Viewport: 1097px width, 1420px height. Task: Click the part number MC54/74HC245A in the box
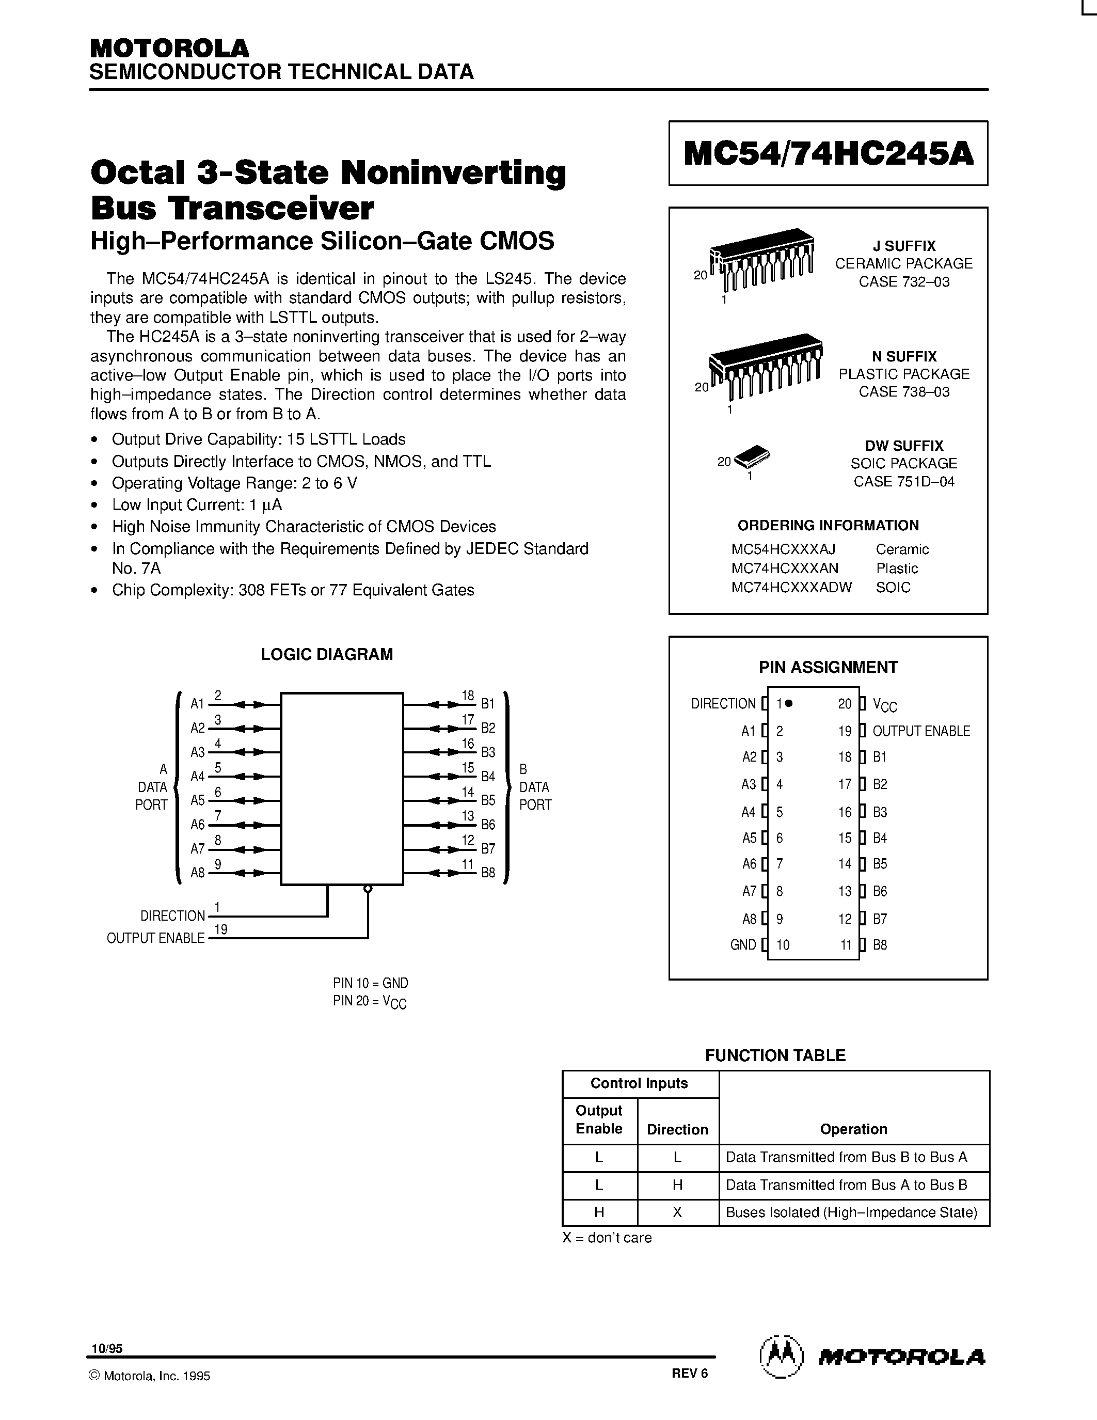tap(828, 154)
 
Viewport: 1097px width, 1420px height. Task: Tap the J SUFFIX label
tap(903, 246)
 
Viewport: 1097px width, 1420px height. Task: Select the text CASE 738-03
tap(903, 391)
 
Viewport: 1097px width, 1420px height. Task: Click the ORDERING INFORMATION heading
tap(828, 525)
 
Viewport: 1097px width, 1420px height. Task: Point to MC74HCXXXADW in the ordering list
tap(791, 587)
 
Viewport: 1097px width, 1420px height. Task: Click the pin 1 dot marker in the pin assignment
tap(789, 703)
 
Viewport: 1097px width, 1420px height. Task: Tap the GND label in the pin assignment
tap(743, 945)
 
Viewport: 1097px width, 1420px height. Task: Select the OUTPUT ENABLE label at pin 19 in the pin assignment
tap(921, 731)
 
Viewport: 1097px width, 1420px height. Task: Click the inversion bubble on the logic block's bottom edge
tap(368, 889)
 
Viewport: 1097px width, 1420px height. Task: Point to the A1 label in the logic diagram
tap(197, 703)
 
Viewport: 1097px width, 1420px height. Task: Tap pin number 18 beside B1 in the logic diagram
tap(468, 695)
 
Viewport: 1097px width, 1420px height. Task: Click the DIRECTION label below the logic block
tap(172, 916)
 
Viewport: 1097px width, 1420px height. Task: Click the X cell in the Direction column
tap(677, 1212)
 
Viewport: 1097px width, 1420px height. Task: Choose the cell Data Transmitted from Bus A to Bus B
tap(846, 1185)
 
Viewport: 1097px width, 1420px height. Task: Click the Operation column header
tap(853, 1129)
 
